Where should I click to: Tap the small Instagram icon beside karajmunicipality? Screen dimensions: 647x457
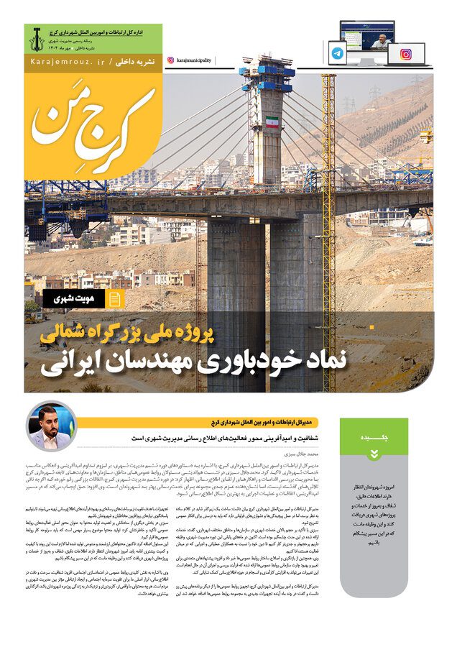point(170,61)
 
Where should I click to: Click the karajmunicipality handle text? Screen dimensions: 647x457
point(193,61)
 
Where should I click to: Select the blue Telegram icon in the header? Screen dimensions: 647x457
point(338,53)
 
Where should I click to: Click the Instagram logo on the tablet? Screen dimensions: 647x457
point(406,53)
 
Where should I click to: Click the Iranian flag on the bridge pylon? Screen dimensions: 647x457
point(272,122)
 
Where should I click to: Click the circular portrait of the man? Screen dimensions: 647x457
point(51,427)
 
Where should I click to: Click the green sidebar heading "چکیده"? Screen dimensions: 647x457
point(374,438)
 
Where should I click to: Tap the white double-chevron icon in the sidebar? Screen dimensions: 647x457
point(374,454)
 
